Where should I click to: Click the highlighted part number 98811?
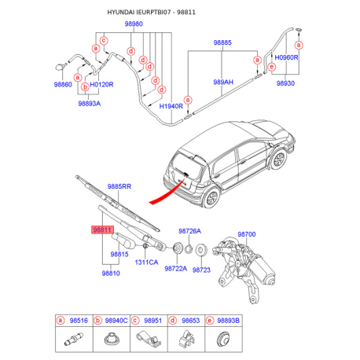pyautogui.click(x=102, y=230)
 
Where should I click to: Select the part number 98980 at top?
pyautogui.click(x=134, y=24)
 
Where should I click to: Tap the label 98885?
pyautogui.click(x=222, y=42)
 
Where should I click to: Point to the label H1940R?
pyautogui.click(x=171, y=106)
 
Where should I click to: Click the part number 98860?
pyautogui.click(x=63, y=84)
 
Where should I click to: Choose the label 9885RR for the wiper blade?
pyautogui.click(x=119, y=186)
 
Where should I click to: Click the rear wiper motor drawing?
pyautogui.click(x=244, y=270)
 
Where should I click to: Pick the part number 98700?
pyautogui.click(x=247, y=234)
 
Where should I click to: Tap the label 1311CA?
pyautogui.click(x=146, y=263)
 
